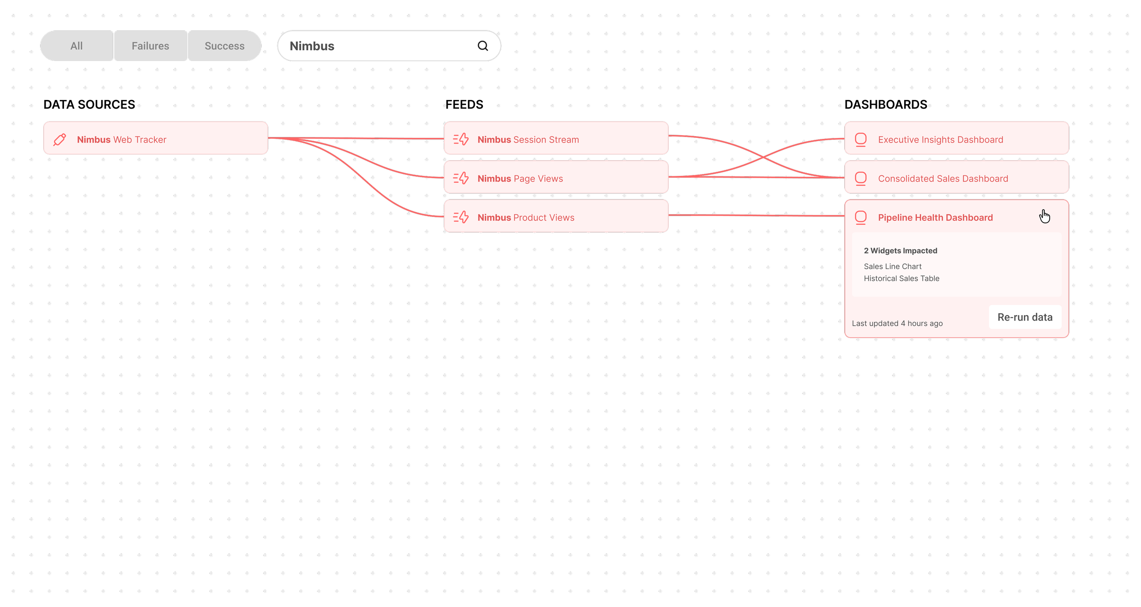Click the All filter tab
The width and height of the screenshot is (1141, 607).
point(77,46)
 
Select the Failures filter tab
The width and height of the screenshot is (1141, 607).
point(150,46)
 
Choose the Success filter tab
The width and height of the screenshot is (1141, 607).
point(225,46)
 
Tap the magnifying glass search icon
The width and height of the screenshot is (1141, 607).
point(483,46)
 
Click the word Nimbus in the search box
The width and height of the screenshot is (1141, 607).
point(312,46)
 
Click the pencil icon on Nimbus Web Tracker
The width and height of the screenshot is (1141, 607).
point(60,139)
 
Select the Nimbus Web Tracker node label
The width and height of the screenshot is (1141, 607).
point(121,140)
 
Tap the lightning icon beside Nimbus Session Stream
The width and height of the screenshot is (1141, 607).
point(461,139)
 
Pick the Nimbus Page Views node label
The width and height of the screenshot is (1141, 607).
point(520,179)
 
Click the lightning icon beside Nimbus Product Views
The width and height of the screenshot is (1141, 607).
point(461,217)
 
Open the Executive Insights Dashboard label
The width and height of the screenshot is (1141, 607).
point(940,140)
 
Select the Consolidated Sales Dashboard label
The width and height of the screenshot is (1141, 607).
point(943,179)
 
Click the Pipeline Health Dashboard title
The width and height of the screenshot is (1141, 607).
point(935,218)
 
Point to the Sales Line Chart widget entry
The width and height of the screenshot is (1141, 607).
point(892,266)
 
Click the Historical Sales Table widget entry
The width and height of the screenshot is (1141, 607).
point(901,278)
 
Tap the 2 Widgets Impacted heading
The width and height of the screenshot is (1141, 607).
point(900,251)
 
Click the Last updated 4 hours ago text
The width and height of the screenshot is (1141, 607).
point(897,323)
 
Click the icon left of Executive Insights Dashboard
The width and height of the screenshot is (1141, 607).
point(860,139)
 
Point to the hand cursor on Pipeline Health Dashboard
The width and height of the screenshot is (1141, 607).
point(1044,216)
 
